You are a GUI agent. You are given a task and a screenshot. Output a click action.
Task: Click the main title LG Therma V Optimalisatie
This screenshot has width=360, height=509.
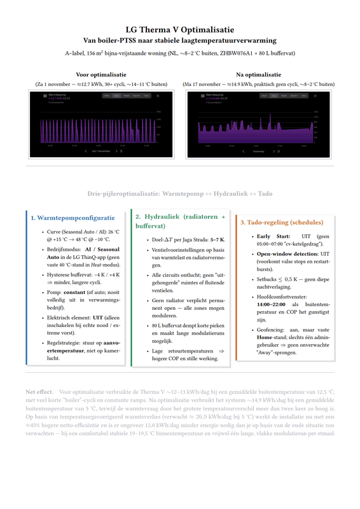[x=179, y=30]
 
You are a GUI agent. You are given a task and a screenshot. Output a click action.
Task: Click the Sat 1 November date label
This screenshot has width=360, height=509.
[x=100, y=151]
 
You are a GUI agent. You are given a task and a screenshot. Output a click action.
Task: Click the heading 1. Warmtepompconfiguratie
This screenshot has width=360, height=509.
[x=73, y=218]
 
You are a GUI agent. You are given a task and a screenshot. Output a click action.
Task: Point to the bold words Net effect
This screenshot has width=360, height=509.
[x=39, y=392]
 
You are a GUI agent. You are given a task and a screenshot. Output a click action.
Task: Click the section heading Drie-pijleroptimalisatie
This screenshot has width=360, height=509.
[x=179, y=192]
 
